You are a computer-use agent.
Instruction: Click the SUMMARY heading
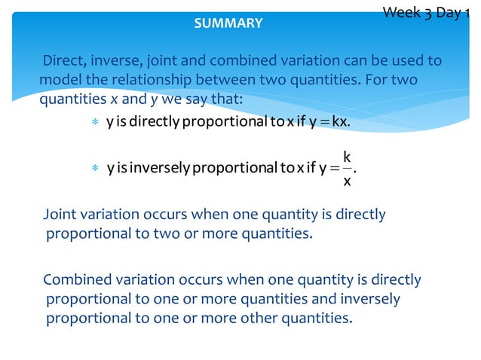pos(228,23)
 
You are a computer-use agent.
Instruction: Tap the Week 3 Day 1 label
pos(430,13)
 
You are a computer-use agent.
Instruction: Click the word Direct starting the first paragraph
pos(62,60)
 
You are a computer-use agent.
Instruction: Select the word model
pos(57,80)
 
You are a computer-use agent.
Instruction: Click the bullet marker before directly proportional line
pos(94,123)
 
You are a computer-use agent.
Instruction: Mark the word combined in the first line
pos(259,60)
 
